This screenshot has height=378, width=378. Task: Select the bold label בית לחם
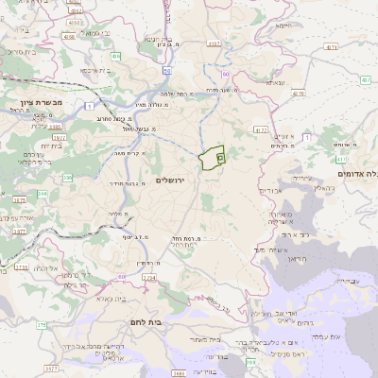pos(170,321)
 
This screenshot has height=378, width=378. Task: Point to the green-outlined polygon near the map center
pos(211,157)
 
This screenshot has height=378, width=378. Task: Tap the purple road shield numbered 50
pos(166,70)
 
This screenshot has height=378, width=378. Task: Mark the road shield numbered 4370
pos(299,94)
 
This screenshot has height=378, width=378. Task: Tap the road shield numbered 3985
pos(56,125)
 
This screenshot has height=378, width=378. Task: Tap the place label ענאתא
pos(276,83)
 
